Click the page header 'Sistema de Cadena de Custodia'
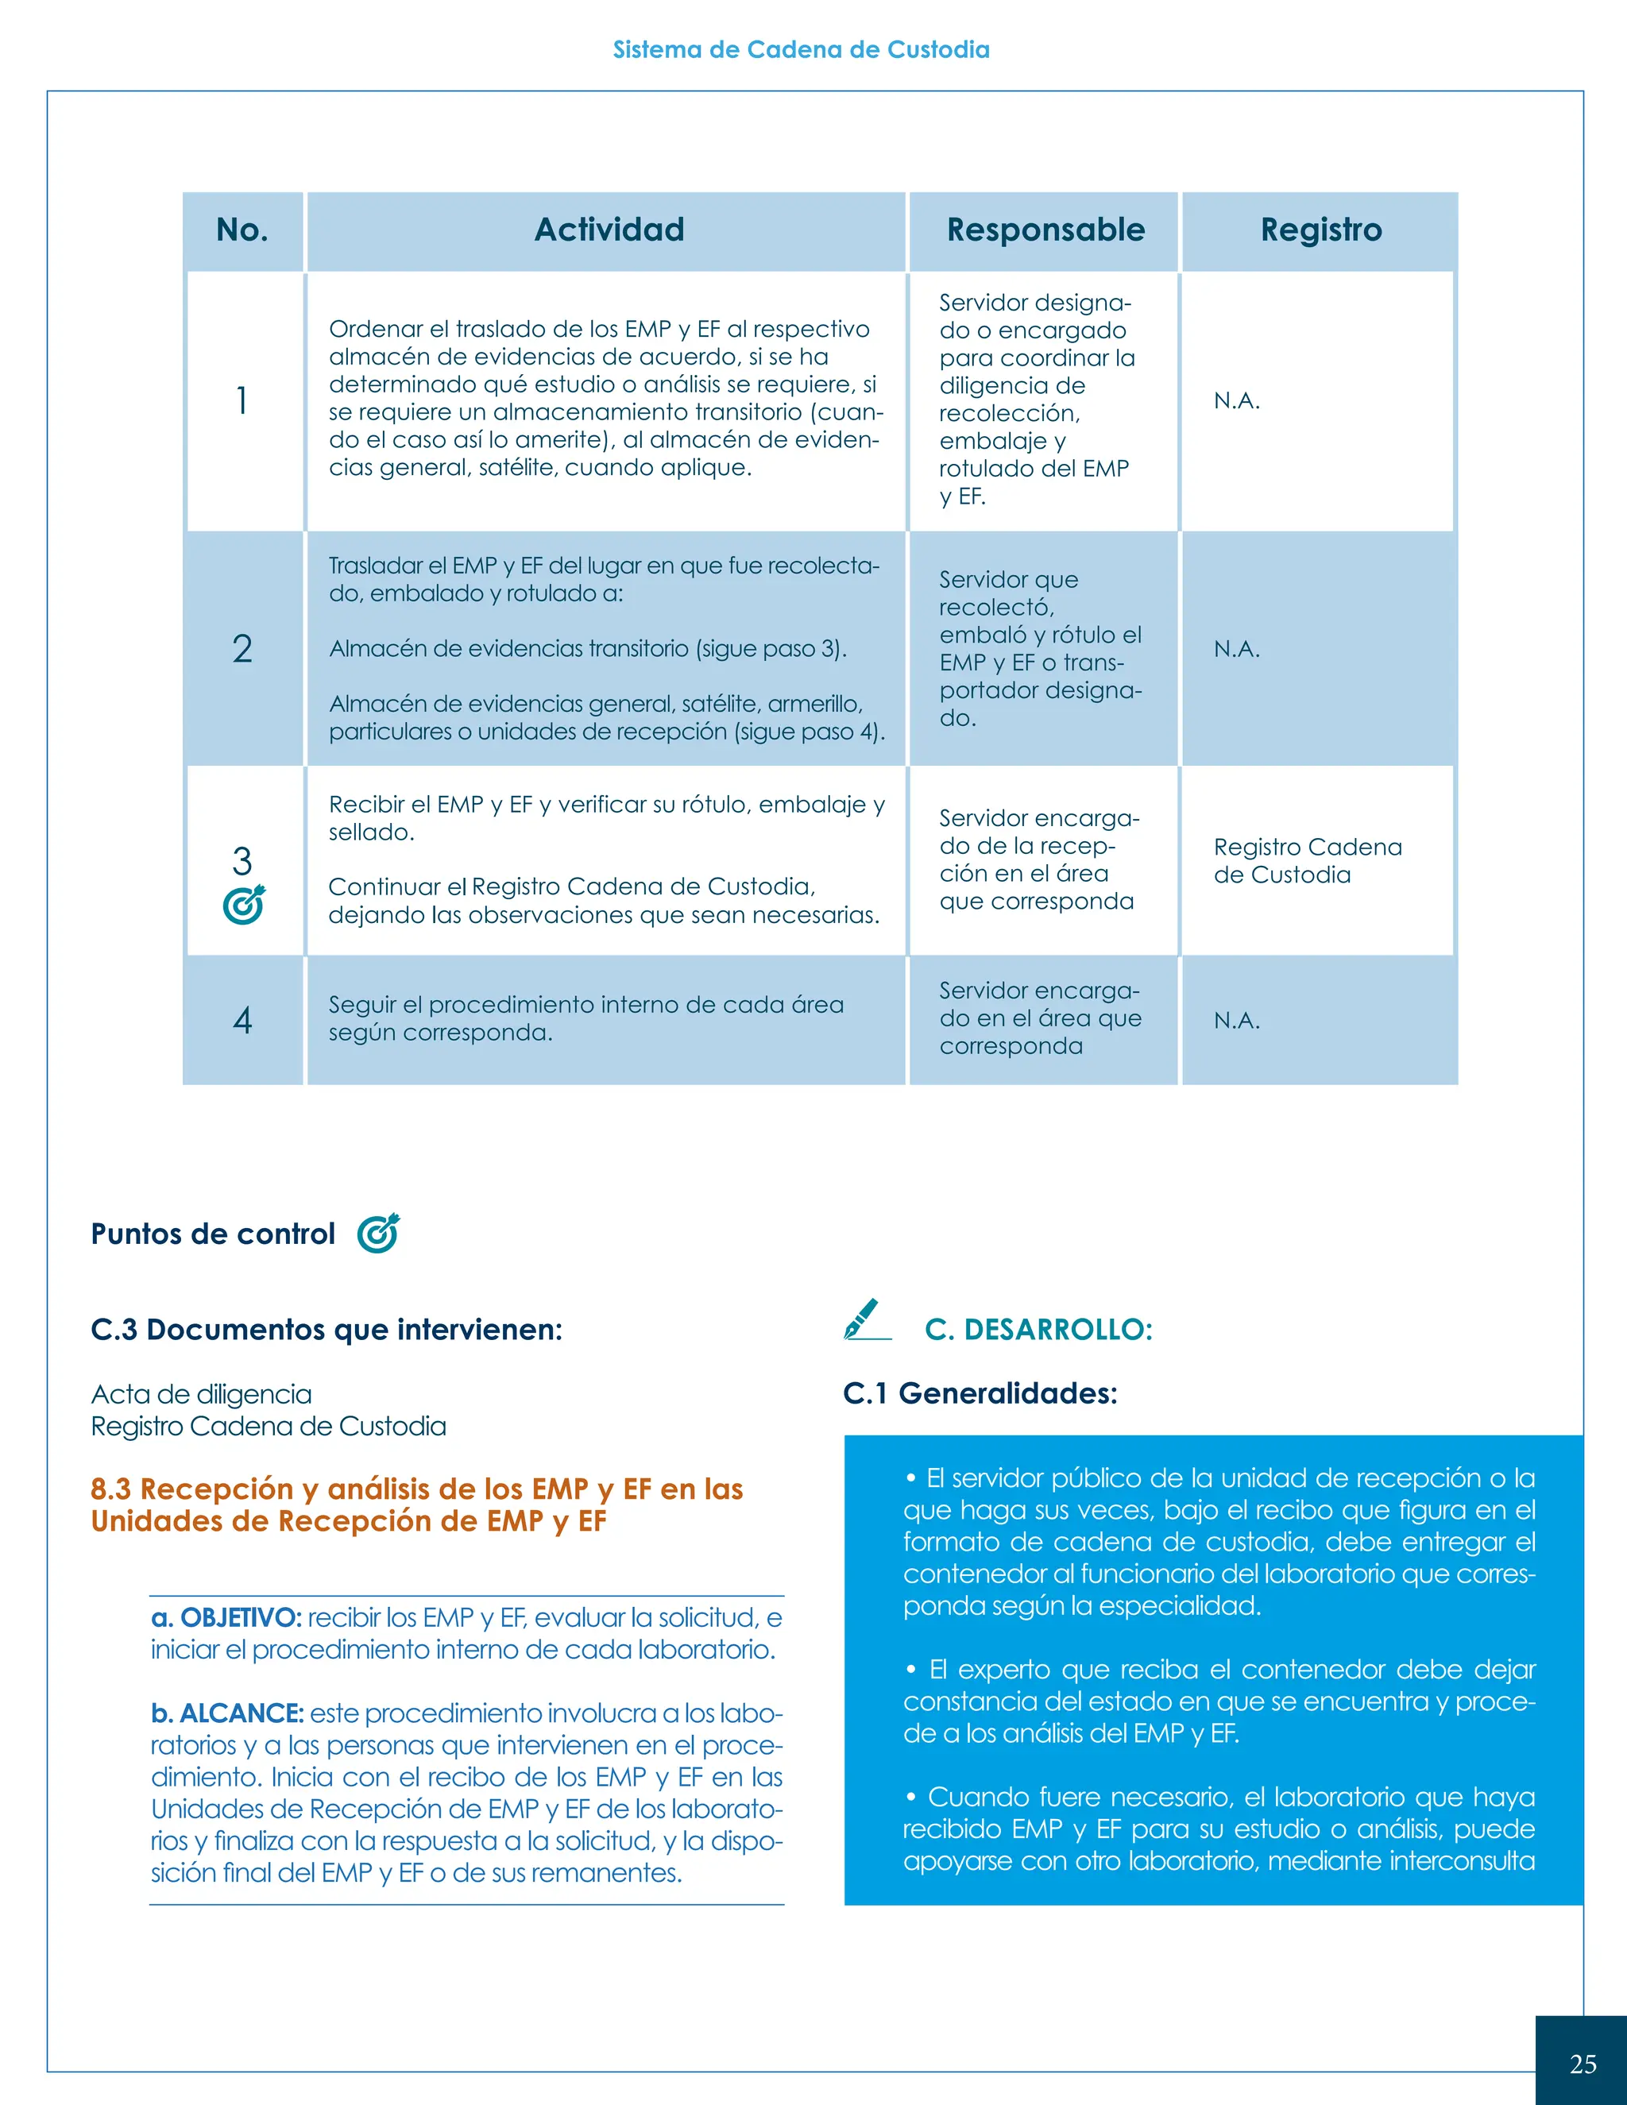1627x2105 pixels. (801, 49)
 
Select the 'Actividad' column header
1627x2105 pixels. (609, 230)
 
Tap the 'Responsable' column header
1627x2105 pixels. (1045, 230)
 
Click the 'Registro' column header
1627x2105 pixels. (1320, 230)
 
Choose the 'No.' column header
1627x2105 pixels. (242, 230)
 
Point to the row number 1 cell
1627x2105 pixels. (242, 400)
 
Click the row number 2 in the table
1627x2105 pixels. (242, 649)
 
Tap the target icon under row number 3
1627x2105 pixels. (243, 905)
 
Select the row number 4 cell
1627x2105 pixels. (242, 1020)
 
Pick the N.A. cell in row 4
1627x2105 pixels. (1237, 1020)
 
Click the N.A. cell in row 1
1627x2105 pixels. (1237, 400)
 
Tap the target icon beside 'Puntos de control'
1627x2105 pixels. (378, 1233)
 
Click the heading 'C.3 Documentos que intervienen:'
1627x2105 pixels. (326, 1329)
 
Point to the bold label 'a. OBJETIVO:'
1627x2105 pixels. (226, 1617)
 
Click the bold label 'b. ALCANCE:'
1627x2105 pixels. (227, 1713)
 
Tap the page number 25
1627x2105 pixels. (1583, 2064)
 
